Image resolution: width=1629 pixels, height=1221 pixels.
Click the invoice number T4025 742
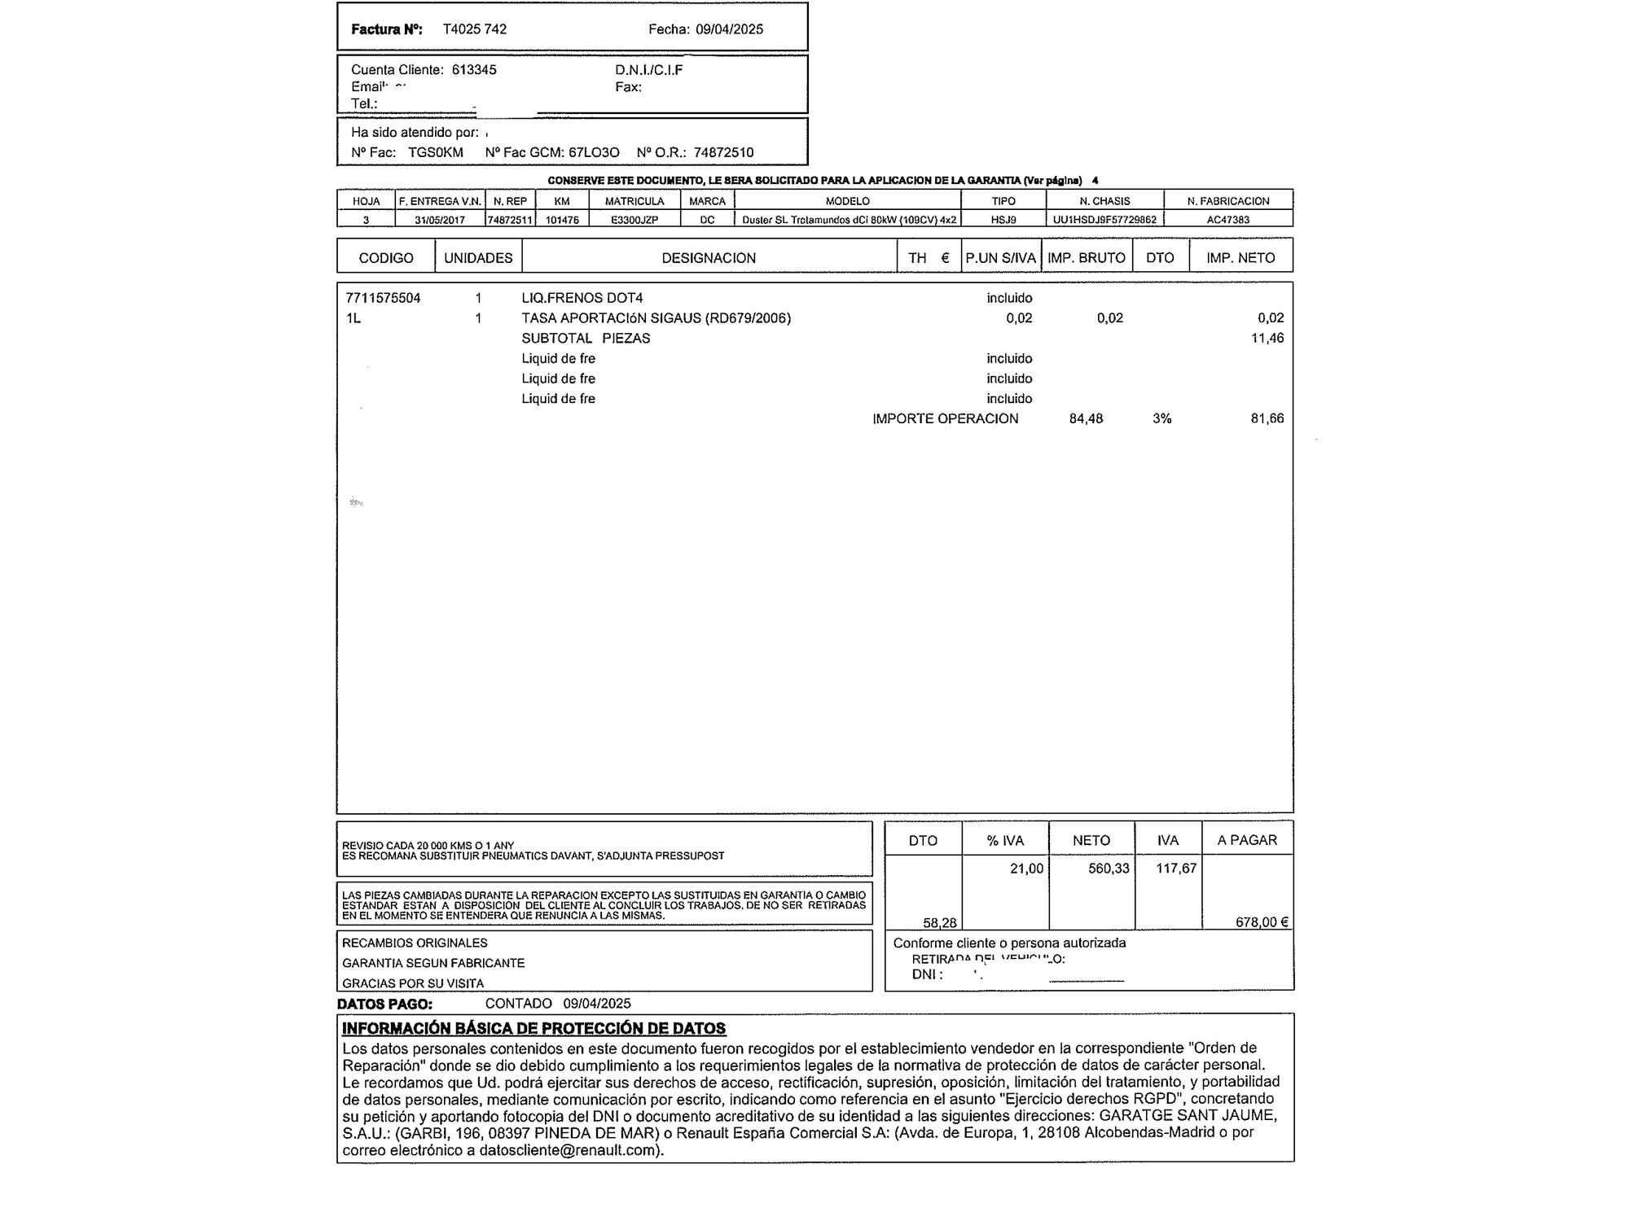pos(474,29)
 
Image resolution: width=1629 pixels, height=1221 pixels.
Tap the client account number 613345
pos(473,70)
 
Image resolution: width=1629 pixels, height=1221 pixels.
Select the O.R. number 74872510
pos(723,152)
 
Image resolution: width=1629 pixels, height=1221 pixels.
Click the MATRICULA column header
pos(634,201)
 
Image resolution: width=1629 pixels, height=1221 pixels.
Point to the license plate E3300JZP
pos(634,220)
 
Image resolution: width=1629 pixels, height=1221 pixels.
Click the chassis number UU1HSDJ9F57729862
pos(1104,220)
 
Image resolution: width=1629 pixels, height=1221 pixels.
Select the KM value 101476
pos(562,220)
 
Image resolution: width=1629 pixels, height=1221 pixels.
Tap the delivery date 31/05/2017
pos(440,220)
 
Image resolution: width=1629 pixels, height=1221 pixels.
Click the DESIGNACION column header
pos(709,258)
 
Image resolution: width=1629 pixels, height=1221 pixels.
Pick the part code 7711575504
pos(383,298)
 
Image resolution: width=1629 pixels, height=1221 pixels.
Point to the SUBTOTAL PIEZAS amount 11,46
pos(1267,338)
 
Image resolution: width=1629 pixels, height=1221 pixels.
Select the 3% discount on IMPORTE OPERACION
pos(1161,418)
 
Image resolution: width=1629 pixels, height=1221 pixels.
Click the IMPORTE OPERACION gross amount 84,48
pos(1086,418)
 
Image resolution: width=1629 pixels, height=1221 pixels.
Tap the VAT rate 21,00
pos(1026,869)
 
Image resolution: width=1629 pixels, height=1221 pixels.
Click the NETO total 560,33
pos(1109,869)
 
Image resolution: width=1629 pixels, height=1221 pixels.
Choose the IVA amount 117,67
pos(1176,869)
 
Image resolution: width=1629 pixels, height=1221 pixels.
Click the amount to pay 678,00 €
pos(1262,922)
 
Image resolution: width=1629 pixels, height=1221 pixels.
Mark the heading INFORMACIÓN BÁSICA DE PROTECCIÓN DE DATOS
pos(533,1028)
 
